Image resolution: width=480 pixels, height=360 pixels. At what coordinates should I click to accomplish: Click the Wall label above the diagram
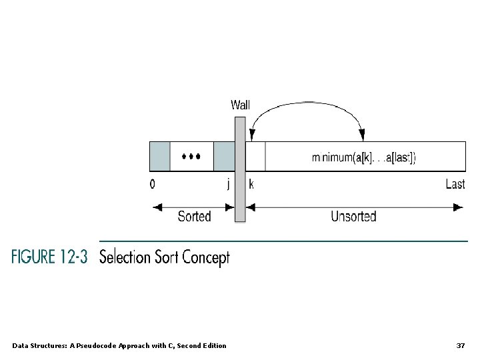pos(240,105)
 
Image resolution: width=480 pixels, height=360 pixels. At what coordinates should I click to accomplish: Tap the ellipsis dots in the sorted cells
pos(191,157)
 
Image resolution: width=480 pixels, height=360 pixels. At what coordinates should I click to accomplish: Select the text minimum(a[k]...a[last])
pos(364,157)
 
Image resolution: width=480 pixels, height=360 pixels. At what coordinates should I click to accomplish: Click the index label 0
pos(153,184)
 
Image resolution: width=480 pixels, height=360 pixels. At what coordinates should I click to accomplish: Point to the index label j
pos(228,184)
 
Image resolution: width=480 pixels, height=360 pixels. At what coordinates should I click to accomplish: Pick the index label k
pos(251,184)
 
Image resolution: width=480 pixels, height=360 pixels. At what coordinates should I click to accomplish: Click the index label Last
pos(455,184)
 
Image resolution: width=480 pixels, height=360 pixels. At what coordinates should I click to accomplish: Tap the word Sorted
pos(194,216)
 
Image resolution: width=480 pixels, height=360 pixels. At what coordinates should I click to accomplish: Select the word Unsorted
pos(353,216)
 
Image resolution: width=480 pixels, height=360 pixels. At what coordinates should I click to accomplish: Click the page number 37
pos(460,345)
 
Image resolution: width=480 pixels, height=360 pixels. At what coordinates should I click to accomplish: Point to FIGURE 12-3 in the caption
pos(49,257)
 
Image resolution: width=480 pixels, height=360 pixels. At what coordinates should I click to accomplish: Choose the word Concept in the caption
pos(205,257)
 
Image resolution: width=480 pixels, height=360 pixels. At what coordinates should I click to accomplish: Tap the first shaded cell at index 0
pos(159,157)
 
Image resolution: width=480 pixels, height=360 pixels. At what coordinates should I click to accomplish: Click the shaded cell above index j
pos(223,157)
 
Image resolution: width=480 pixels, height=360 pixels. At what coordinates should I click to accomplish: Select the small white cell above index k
pos(255,157)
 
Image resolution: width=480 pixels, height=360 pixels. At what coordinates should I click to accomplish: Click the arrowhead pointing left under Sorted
pos(157,207)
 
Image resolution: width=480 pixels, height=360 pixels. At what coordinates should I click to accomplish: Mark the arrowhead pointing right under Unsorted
pos(458,207)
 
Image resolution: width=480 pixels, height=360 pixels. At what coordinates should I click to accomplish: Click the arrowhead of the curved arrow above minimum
pos(362,136)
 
